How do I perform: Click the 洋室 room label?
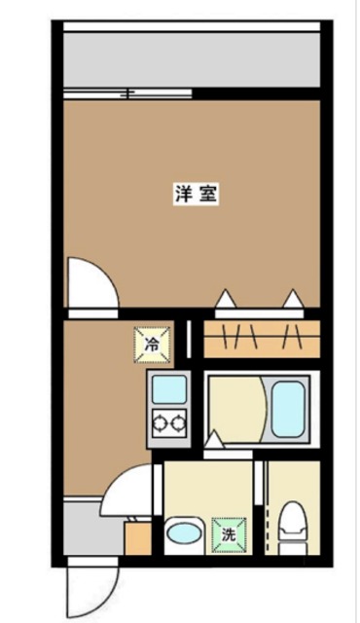[196, 194]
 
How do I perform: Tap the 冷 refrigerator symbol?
[153, 343]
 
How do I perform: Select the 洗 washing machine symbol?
[230, 533]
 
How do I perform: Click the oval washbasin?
[183, 533]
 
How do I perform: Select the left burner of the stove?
[158, 423]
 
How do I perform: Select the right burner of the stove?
[176, 423]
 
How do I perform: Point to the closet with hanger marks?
[260, 340]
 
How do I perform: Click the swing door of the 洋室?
[91, 282]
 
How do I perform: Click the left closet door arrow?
[226, 300]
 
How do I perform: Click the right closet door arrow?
[292, 300]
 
